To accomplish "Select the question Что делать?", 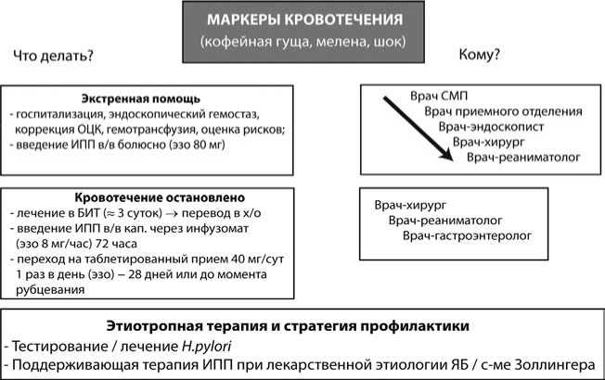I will tap(53, 58).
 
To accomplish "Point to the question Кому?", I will tap(480, 56).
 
